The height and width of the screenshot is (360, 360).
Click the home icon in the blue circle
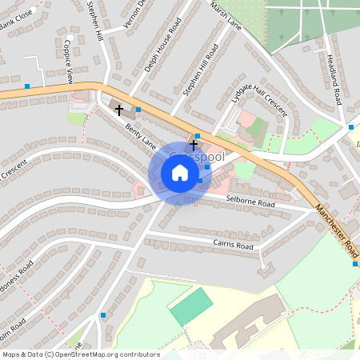(x=180, y=173)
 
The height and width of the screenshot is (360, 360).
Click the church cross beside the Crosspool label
(x=193, y=145)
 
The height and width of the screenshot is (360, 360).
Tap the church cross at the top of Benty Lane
(x=119, y=108)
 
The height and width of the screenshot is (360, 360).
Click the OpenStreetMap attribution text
(x=80, y=354)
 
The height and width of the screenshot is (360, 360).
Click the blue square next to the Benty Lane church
(x=138, y=110)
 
